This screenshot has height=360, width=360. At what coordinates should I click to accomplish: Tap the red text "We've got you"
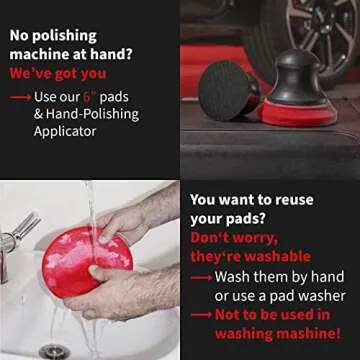coord(59,73)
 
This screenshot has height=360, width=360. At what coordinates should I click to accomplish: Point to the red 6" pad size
coord(88,97)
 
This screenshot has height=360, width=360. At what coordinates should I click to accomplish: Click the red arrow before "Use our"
coord(19,98)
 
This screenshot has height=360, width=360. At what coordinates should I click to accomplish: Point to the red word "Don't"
coord(212,238)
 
